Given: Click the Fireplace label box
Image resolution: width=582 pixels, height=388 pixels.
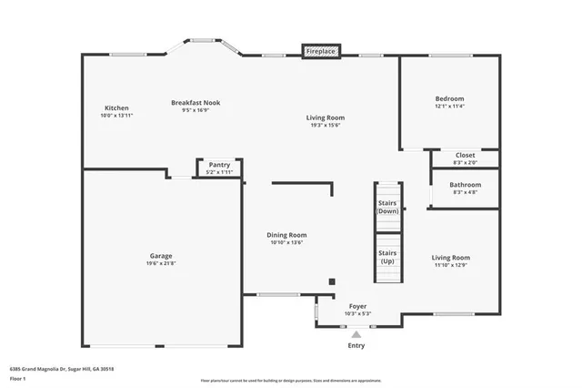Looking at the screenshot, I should point(321,52).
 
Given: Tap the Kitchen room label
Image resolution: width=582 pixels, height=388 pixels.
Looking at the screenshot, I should point(116,107).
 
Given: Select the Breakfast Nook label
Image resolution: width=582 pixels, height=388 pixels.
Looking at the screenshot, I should point(196,103).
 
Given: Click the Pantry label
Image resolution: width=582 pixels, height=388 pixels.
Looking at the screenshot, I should point(219,165).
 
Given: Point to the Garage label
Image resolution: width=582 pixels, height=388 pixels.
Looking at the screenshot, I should point(161,256).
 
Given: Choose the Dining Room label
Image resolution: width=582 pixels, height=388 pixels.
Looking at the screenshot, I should point(286,234).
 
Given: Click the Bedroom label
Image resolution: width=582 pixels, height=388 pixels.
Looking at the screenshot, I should point(449,98).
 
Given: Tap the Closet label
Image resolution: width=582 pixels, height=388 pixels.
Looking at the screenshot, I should point(464,156).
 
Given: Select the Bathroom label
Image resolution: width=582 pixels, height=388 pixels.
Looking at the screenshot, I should point(465,185).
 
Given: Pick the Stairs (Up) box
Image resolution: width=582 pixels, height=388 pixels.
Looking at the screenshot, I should point(388,258).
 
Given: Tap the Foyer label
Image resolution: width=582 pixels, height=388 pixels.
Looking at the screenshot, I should point(357,306).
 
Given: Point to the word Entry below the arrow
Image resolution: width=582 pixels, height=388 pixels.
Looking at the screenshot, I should point(356,346).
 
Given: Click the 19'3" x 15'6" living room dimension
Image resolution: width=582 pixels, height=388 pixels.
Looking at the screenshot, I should point(325,126).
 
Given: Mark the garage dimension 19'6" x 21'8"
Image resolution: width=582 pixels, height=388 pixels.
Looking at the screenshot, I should point(161,264).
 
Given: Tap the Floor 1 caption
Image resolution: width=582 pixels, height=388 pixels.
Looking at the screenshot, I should point(18,377).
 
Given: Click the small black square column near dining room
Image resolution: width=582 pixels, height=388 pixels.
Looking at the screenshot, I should point(332,281).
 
